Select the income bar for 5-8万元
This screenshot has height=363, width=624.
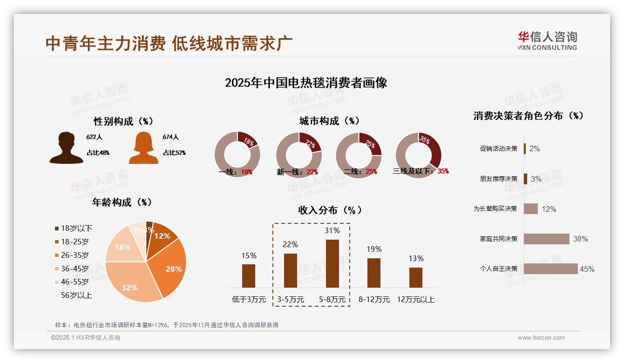coord(332,263)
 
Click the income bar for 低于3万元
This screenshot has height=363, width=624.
coord(249,276)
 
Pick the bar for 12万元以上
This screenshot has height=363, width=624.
coord(415,277)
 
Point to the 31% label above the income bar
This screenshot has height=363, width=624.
coord(332,230)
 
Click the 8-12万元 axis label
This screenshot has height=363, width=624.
coord(374,300)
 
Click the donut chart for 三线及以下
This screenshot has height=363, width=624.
coord(418,155)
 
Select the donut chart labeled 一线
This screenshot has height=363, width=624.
coord(237,155)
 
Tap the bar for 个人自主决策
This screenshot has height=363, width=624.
coord(550,269)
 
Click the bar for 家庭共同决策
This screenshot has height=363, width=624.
coord(546,239)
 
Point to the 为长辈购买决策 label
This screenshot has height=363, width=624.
coord(495,209)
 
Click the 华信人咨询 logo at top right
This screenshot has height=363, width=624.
coord(547,41)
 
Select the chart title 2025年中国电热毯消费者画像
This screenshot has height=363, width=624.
coord(306,83)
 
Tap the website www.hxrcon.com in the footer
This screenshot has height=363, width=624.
coord(541,338)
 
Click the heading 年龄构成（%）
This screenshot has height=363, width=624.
coord(122,202)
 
